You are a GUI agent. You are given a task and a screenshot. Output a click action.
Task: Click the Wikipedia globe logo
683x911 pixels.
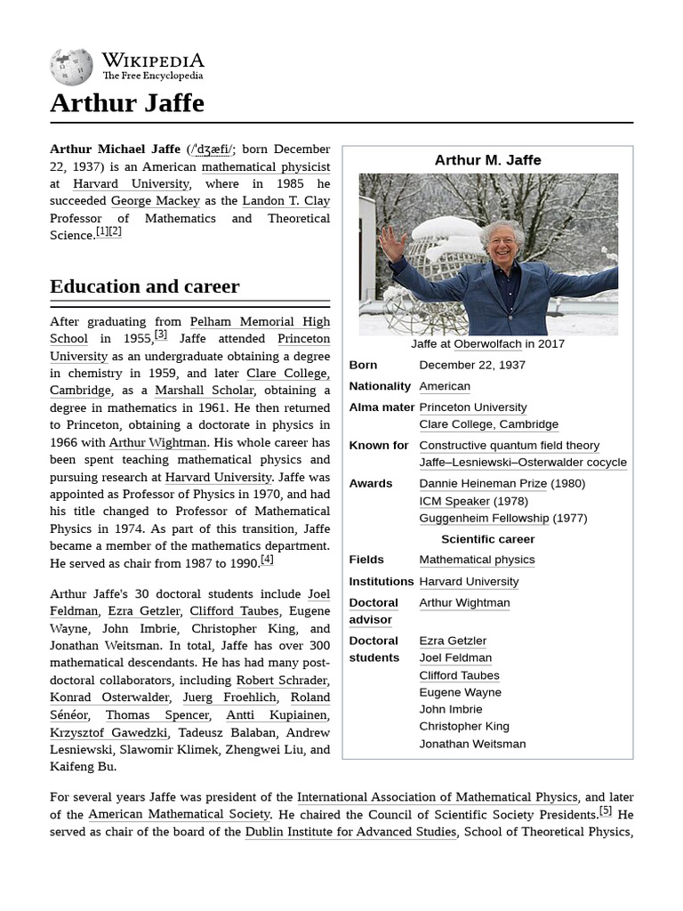(71, 67)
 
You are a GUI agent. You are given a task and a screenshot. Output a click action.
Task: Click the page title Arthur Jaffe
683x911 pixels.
(127, 103)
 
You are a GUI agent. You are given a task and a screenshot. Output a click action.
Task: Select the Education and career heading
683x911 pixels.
(144, 286)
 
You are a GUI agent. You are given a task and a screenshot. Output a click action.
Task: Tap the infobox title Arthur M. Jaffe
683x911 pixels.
(487, 160)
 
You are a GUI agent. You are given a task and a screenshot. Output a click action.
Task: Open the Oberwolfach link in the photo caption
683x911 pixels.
(487, 343)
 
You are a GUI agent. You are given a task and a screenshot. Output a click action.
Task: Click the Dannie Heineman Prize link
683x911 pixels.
(483, 484)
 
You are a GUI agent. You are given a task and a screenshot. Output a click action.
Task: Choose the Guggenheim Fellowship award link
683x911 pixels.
(484, 518)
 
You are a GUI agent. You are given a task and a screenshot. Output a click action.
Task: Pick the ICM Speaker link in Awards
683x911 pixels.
(455, 501)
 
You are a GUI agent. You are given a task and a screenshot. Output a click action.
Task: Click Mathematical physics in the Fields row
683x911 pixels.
(477, 560)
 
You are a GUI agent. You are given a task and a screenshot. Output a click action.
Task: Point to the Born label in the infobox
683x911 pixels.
(363, 365)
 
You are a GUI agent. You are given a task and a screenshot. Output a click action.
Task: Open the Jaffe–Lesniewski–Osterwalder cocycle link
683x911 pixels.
(523, 463)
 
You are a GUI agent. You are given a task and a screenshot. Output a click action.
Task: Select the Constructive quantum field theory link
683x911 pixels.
(509, 446)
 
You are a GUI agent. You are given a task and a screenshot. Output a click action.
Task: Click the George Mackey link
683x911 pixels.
(155, 201)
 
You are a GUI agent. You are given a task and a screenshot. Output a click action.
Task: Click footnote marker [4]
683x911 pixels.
(267, 560)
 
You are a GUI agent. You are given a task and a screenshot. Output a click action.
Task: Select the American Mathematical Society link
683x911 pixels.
(179, 814)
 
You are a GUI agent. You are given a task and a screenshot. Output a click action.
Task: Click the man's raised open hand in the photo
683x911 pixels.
(390, 242)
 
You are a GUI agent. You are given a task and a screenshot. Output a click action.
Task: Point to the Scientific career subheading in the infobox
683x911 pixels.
(487, 539)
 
